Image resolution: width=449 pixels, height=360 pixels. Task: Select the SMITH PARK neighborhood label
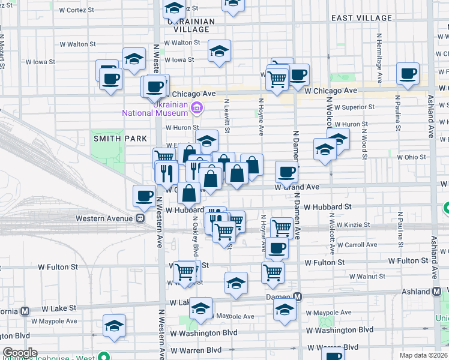[x=120, y=139]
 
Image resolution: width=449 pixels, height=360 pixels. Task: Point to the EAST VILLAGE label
[x=361, y=18]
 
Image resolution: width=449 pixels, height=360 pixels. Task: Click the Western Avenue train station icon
[x=139, y=218]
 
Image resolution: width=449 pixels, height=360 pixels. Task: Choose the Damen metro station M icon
[x=297, y=296]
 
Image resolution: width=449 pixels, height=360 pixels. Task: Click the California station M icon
[x=25, y=311]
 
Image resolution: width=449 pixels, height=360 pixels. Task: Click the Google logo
[x=19, y=353]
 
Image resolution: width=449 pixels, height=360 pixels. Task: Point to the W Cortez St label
[x=77, y=10]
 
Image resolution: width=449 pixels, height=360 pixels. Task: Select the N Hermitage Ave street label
[x=380, y=58]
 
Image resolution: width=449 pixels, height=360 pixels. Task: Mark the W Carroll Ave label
[x=357, y=245]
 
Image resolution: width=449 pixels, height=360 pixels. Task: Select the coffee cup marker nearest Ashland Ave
[x=408, y=74]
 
